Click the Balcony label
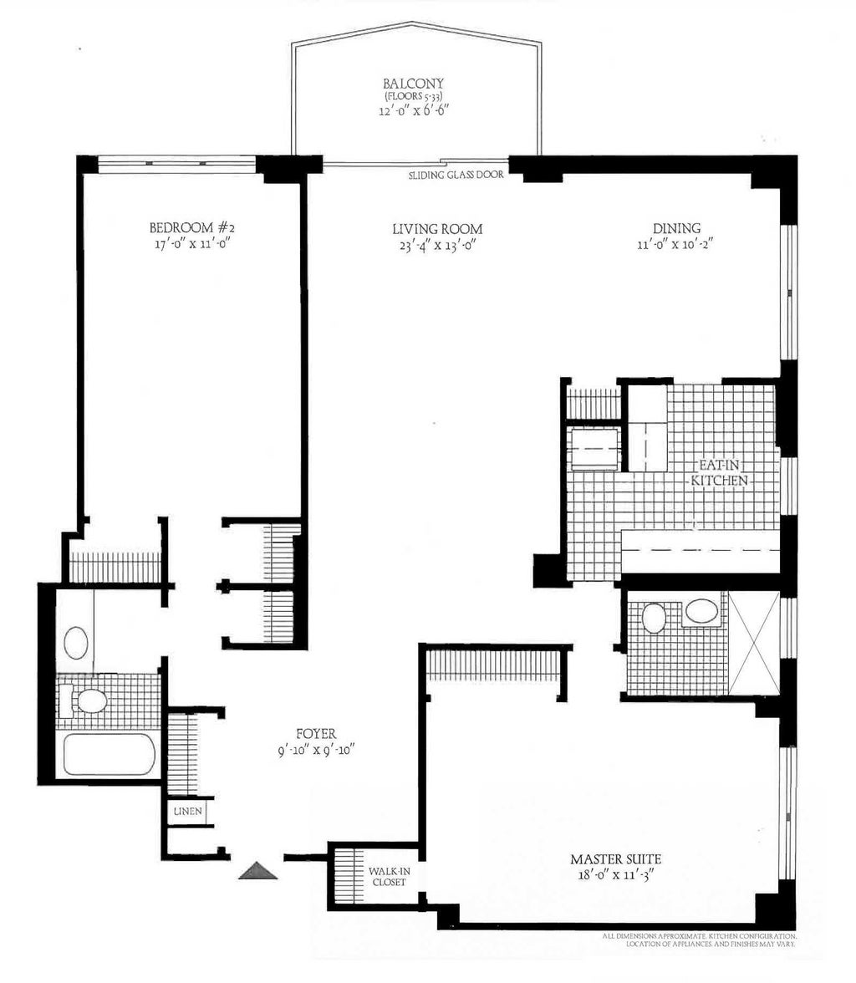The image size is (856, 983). click(413, 84)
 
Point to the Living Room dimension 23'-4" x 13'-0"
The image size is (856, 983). click(438, 245)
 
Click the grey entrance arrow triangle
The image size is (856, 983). click(257, 871)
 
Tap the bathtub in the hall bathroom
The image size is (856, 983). click(110, 755)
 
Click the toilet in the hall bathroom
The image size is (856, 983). click(89, 700)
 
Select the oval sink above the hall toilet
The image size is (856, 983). click(76, 644)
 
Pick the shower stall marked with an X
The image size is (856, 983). click(753, 642)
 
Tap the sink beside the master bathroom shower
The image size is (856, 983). click(701, 611)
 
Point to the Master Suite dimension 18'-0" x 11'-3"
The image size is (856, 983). click(617, 876)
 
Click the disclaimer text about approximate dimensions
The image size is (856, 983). click(698, 942)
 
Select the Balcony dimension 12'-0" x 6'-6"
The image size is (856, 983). click(413, 110)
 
